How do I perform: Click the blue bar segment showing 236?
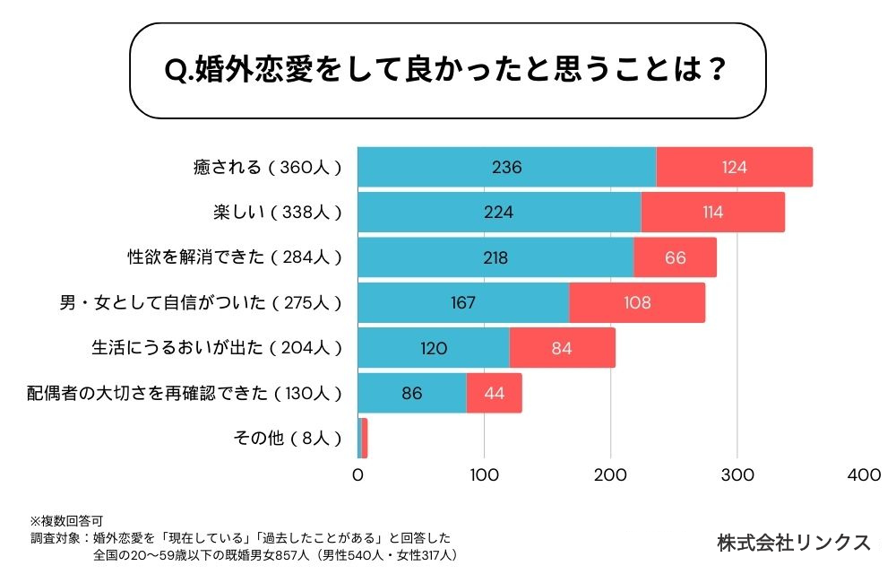pyautogui.click(x=507, y=167)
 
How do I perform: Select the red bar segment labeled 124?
pyautogui.click(x=735, y=167)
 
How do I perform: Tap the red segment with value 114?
pyautogui.click(x=713, y=213)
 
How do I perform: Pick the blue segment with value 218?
pyautogui.click(x=495, y=257)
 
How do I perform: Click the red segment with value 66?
pyautogui.click(x=676, y=257)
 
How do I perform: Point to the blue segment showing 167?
pyautogui.click(x=463, y=302)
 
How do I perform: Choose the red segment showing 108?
pyautogui.click(x=637, y=302)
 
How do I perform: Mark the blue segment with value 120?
pyautogui.click(x=434, y=348)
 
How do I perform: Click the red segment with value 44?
pyautogui.click(x=495, y=393)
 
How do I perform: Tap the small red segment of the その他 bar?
pyautogui.click(x=365, y=438)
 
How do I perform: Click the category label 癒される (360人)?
pyautogui.click(x=268, y=167)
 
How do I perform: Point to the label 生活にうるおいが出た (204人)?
pyautogui.click(x=219, y=348)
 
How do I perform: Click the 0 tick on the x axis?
pyautogui.click(x=358, y=475)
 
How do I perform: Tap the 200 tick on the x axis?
pyautogui.click(x=611, y=475)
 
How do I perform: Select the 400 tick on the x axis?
pyautogui.click(x=864, y=475)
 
